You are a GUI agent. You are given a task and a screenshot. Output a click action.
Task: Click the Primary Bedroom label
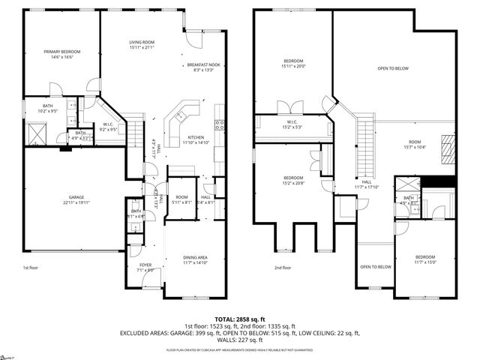[61, 54]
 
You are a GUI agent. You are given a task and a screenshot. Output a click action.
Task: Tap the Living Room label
[141, 44]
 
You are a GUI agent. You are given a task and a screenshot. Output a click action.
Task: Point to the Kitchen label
[196, 139]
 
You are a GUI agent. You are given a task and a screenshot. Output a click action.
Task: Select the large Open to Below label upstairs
[392, 68]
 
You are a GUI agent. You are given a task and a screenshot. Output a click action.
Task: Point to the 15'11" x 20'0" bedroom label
[293, 63]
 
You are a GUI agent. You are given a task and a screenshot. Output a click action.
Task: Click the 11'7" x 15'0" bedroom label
[424, 259]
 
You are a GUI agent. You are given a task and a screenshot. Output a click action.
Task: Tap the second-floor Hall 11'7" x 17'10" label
[367, 185]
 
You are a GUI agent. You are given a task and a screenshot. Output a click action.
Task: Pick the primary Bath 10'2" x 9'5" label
[48, 109]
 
